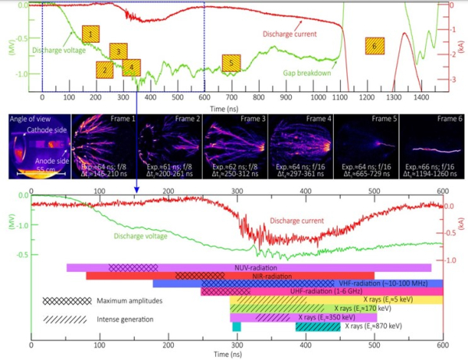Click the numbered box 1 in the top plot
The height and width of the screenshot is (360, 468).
pyautogui.click(x=90, y=34)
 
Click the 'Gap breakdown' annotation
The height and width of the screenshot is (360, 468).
pyautogui.click(x=307, y=73)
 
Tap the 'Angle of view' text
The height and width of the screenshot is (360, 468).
pyautogui.click(x=28, y=118)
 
